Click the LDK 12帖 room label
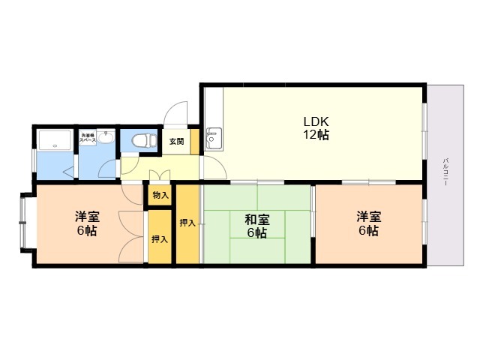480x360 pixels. pos(316,128)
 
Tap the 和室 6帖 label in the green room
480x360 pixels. pos(256,226)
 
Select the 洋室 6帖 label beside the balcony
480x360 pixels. pos(367,223)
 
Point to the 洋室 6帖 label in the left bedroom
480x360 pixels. pos(85,223)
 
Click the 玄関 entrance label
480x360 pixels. pos(176,141)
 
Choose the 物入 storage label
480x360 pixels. pos(159,195)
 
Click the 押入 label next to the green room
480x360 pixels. pos(187,222)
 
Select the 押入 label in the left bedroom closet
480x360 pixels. pos(159,239)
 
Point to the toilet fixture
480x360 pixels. pos(143,139)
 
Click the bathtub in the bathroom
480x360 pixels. pos(55,139)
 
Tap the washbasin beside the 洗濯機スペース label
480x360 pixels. pos(106,138)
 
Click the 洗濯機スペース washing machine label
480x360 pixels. pos(88,138)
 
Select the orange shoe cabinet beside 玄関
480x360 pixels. pos(193,141)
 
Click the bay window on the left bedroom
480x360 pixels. pos(24,223)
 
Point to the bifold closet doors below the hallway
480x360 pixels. pos(160,177)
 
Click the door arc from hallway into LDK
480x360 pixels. pos(213,168)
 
